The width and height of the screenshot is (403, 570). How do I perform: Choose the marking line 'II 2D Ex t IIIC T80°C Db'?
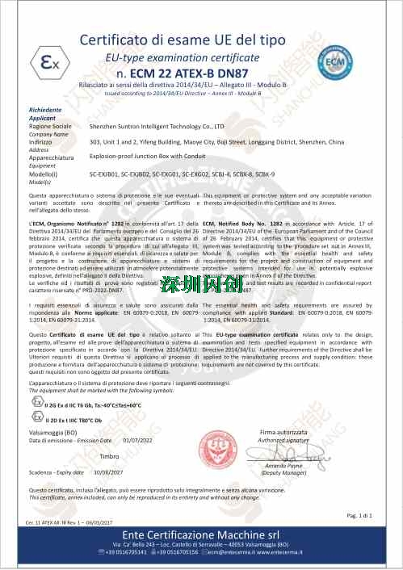(x=79, y=421)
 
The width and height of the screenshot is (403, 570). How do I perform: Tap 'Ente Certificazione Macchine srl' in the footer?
(x=201, y=535)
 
